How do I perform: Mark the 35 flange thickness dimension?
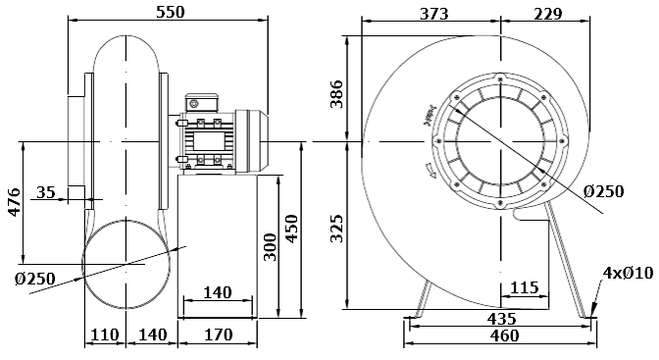(46, 192)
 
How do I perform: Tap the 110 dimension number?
(105, 335)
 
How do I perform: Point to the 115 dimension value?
(525, 288)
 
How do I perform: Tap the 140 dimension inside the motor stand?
(217, 292)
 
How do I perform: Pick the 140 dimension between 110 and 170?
(152, 335)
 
